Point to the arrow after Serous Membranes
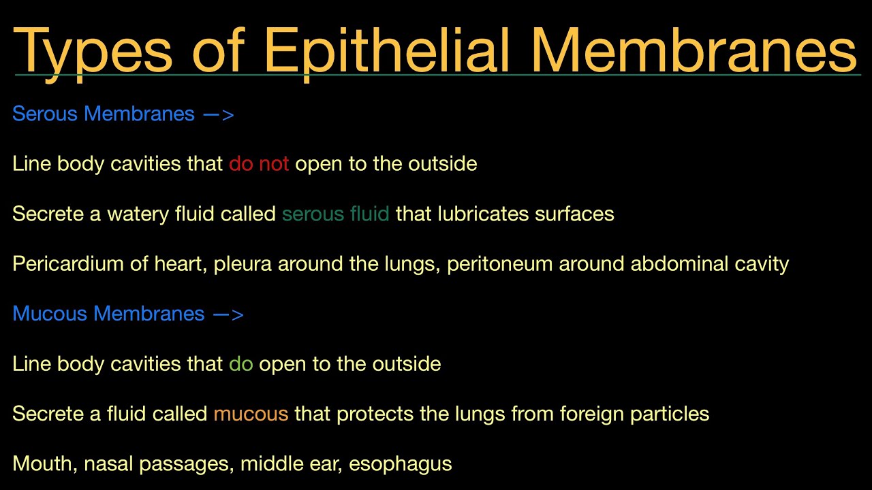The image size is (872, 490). tap(219, 114)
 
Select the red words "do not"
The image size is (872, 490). tap(259, 163)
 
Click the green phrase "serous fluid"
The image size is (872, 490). tap(336, 214)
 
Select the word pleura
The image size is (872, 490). tap(243, 264)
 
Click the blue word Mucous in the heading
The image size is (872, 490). tap(50, 314)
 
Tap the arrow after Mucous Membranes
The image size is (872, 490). tap(228, 314)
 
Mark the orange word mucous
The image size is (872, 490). tap(251, 414)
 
